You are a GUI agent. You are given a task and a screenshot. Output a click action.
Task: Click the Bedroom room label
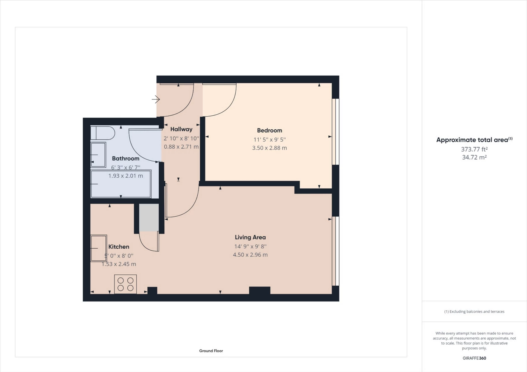269,130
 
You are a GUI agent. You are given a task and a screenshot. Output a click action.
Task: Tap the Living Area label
250,237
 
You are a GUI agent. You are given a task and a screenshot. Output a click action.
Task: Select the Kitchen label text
119,247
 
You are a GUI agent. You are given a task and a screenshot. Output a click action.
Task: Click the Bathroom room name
125,158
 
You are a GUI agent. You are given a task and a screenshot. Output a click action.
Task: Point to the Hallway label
181,129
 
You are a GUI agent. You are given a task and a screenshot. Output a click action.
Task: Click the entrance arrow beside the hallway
156,99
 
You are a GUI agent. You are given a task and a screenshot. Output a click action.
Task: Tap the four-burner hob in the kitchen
125,284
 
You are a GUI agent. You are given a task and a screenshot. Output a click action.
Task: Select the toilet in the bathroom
102,133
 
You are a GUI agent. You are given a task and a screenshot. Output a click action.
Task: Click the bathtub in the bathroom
121,184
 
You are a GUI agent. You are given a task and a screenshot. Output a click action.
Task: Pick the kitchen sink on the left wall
99,248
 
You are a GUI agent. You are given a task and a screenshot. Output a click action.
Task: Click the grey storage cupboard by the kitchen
149,217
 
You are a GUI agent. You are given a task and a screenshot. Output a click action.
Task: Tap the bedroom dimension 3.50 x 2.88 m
269,148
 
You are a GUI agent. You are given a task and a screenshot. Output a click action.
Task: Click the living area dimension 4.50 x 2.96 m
250,255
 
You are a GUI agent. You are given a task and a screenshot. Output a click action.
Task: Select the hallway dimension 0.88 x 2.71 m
181,147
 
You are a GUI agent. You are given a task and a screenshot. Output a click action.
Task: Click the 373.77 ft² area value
474,149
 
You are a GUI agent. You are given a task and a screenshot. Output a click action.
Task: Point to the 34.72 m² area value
474,157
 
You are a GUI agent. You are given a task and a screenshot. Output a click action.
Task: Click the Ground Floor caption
211,351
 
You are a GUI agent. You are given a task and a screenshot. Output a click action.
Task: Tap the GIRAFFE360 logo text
474,358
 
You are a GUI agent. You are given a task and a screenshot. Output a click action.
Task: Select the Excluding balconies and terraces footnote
474,311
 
